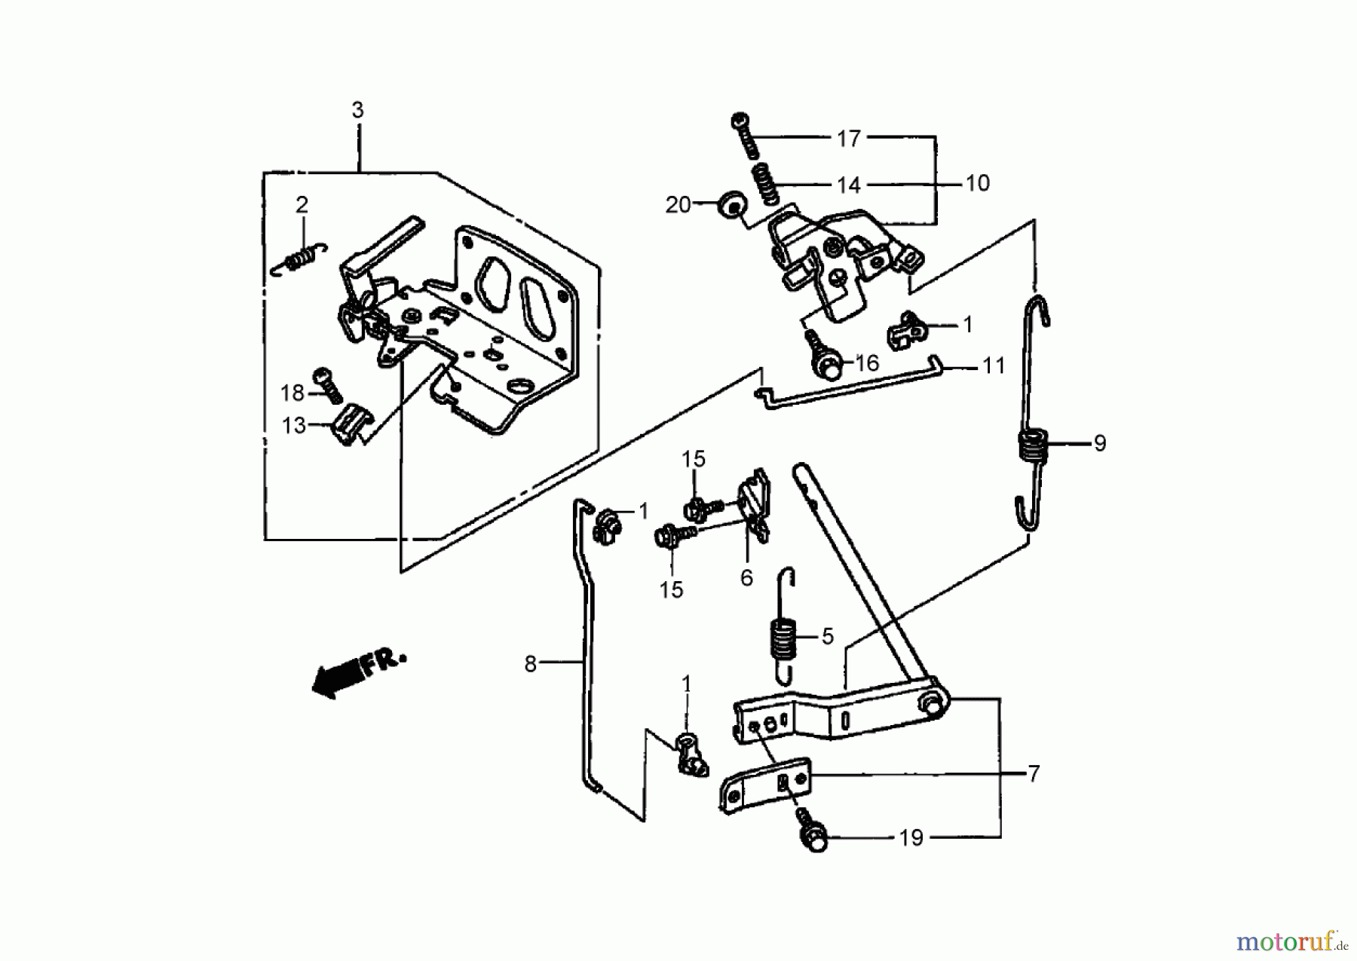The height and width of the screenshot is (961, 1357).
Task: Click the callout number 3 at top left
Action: click(357, 110)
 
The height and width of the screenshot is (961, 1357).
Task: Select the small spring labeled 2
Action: click(301, 258)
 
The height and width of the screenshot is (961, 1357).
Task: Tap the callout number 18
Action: click(292, 393)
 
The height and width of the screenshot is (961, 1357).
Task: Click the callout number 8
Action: click(531, 664)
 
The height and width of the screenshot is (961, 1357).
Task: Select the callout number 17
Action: click(848, 139)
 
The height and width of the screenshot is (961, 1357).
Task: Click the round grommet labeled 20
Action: click(731, 204)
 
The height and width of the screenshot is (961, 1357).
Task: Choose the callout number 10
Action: click(977, 183)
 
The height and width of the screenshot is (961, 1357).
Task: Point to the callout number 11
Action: click(994, 366)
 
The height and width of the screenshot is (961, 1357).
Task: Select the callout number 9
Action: click(1099, 443)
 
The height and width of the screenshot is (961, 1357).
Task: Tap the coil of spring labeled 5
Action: click(782, 638)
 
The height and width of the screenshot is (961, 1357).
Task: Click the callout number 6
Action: click(746, 578)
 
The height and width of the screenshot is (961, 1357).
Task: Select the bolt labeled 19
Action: click(813, 836)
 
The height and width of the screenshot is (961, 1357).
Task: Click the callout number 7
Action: click(1034, 773)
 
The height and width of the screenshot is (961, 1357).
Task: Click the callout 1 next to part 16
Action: click(967, 325)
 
